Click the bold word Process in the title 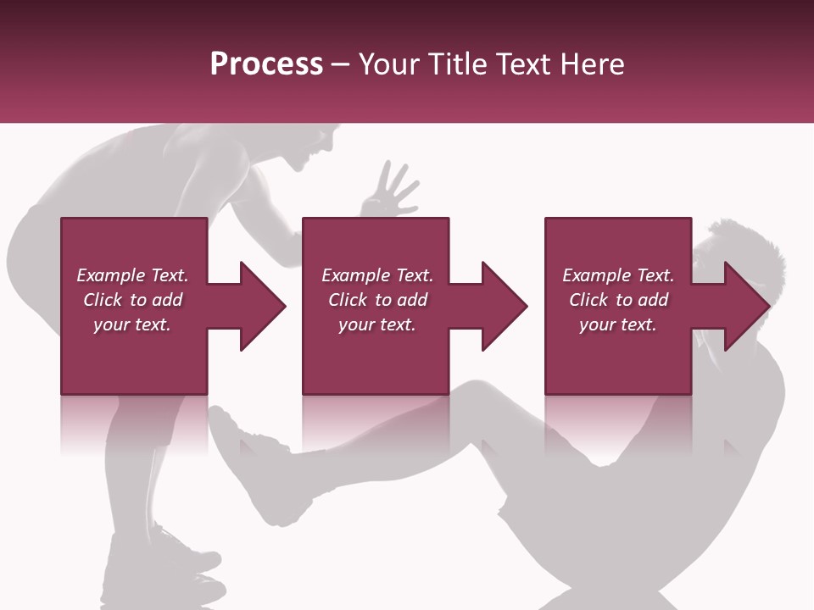click(x=266, y=64)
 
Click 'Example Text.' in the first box click(x=132, y=275)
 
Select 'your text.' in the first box click(x=132, y=324)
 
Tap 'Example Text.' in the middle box click(x=377, y=275)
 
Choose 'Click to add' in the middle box click(x=377, y=300)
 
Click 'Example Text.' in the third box click(x=618, y=275)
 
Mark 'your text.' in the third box click(x=618, y=324)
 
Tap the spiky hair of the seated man click(x=746, y=241)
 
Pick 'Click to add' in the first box click(x=132, y=300)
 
